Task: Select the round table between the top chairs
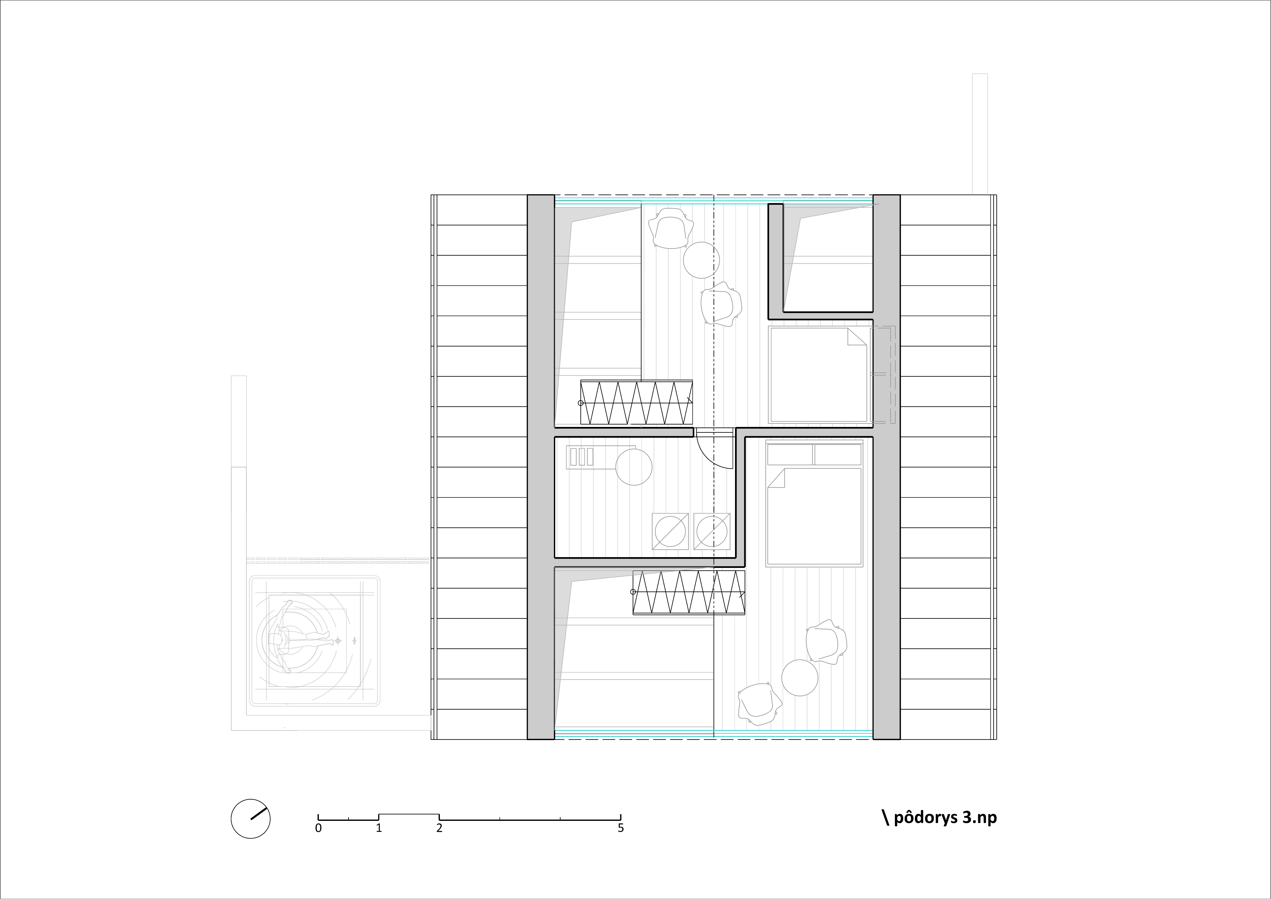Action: pos(701,260)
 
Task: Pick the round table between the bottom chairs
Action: pos(799,678)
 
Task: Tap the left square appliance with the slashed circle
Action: pos(670,532)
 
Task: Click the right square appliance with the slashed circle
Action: pos(712,532)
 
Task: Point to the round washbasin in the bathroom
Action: pos(634,467)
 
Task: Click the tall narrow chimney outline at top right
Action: pos(980,134)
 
